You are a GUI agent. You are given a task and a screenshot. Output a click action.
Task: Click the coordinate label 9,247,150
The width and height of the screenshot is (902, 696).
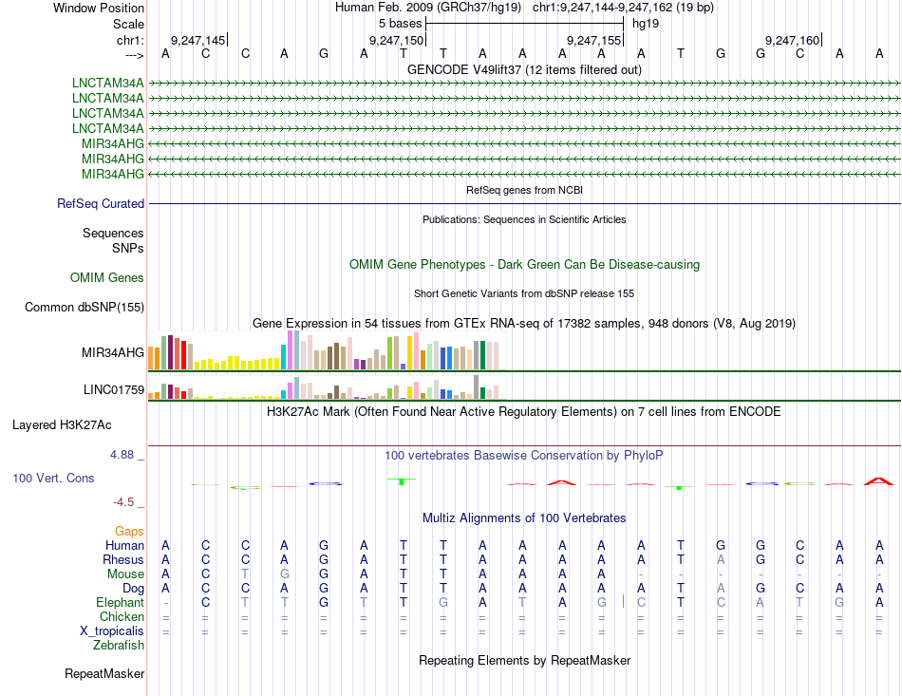(x=396, y=41)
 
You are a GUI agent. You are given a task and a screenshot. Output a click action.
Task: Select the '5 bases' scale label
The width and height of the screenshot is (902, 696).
(x=400, y=23)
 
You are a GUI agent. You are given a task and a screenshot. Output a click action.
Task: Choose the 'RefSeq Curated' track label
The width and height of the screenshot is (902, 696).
(x=101, y=203)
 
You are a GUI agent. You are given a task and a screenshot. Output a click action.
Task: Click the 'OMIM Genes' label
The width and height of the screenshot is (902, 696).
(x=107, y=277)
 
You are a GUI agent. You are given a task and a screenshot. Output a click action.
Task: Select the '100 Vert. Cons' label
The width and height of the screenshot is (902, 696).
(x=53, y=478)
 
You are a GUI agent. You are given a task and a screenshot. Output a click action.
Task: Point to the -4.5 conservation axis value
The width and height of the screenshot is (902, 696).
(x=128, y=501)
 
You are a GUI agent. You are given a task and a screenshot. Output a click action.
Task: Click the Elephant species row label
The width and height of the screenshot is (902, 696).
(x=120, y=602)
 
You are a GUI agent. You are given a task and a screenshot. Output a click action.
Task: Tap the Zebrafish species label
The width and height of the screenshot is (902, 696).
(x=119, y=645)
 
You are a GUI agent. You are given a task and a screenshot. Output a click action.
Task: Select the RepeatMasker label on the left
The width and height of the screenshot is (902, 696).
(x=104, y=674)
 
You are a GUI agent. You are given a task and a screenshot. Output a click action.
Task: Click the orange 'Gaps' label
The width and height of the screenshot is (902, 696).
(x=129, y=531)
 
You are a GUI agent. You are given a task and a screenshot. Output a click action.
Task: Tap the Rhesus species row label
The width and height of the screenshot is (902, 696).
(x=122, y=559)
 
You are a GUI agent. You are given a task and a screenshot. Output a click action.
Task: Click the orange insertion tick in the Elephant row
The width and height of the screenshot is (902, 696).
(x=623, y=601)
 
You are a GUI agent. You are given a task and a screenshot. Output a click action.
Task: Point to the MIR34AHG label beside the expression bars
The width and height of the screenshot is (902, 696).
(x=113, y=352)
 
